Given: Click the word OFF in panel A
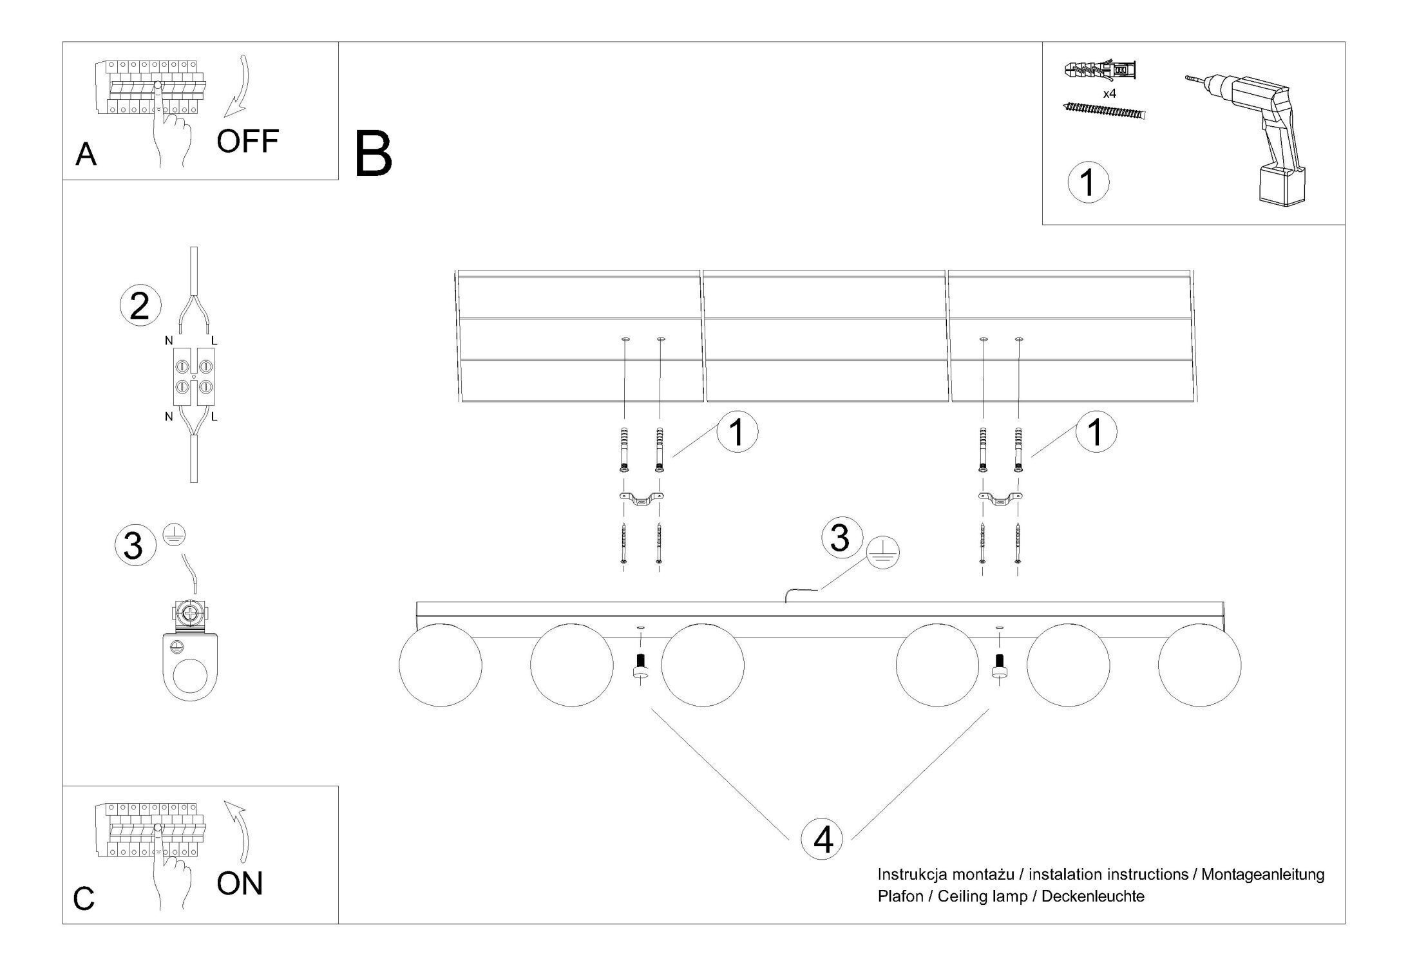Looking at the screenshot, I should coord(247,141).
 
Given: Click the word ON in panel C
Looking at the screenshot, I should coord(240,884).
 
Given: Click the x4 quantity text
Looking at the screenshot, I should coord(1109,94).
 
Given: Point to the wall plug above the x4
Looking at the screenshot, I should coord(1101,70).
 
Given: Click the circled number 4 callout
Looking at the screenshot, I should coord(821,840).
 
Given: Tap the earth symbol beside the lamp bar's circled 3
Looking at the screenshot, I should coord(882,553).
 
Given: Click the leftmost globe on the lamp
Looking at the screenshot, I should coord(441,665).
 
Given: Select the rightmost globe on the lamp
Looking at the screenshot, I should coord(1199,665).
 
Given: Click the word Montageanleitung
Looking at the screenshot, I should coord(1262,875).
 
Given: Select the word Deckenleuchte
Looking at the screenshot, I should coord(1092,896).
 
